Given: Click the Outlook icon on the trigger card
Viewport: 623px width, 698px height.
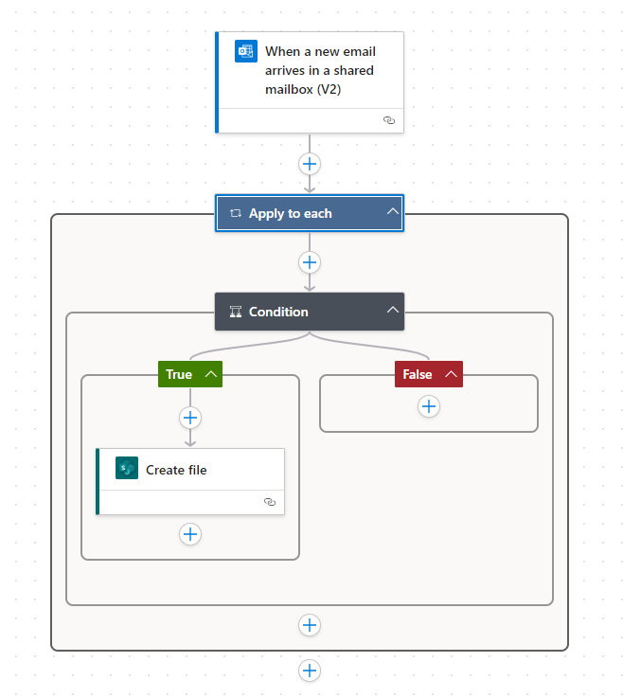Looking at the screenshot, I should tap(246, 51).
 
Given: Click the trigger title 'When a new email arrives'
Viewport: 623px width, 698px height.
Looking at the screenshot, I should tap(320, 70).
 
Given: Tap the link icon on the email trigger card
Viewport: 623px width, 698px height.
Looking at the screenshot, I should tap(388, 120).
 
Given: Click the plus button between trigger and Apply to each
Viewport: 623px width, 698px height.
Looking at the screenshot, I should tap(310, 164).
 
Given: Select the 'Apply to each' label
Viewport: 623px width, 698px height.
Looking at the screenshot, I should tap(290, 213).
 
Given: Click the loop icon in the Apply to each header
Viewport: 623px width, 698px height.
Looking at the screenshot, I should tap(236, 213).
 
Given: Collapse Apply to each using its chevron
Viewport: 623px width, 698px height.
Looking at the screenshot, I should tap(393, 212).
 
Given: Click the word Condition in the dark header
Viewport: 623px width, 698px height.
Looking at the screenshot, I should tap(278, 311).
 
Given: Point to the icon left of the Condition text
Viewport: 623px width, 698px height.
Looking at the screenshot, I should tap(236, 311).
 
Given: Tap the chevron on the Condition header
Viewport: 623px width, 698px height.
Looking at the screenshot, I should tap(393, 310).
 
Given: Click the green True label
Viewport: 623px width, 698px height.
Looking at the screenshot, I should tap(179, 374).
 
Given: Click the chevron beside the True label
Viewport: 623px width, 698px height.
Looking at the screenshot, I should tap(210, 374).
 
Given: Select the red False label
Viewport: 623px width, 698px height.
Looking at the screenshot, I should tap(417, 374).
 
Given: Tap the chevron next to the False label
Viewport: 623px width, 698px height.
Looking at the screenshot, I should tap(451, 374).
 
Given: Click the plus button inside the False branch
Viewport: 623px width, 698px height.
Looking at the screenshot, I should tap(429, 406).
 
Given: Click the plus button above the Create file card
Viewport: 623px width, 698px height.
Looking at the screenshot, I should tap(190, 418).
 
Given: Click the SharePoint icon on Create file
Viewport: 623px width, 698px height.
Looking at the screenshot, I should tap(127, 469).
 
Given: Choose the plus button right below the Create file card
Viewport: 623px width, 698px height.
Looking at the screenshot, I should tap(190, 534).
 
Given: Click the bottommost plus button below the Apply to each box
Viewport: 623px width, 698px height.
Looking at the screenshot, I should tap(310, 671).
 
